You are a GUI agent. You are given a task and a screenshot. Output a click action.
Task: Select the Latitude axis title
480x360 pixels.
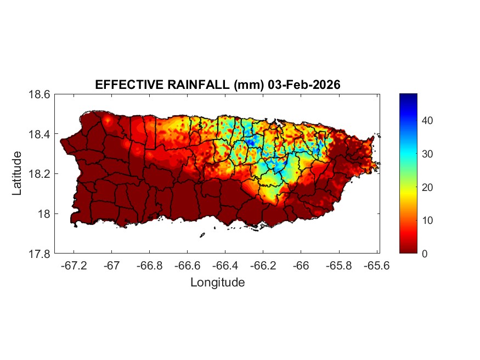18,173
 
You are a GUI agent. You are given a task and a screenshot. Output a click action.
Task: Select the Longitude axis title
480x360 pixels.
217,283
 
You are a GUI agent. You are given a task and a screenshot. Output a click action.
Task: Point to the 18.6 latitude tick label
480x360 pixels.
40,94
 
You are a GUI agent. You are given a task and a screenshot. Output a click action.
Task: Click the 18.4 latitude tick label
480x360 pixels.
40,134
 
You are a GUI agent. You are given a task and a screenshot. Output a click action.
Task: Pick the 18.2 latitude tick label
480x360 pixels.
40,174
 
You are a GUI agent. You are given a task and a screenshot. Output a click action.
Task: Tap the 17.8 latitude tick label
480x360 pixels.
40,254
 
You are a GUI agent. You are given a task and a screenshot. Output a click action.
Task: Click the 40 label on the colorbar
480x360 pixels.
428,121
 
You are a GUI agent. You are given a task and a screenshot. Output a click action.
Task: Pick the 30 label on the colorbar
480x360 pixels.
428,154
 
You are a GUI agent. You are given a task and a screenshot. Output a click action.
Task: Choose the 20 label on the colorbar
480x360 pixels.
428,187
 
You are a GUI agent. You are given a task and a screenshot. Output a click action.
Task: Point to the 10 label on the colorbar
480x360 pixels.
428,221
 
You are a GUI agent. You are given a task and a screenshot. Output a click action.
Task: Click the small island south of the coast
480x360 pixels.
202,235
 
